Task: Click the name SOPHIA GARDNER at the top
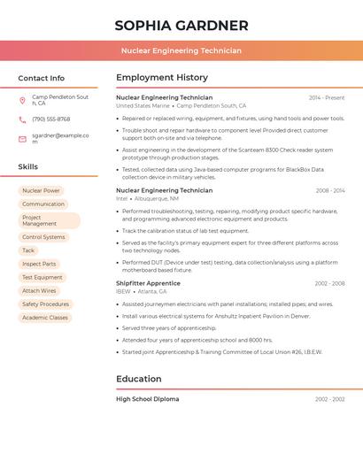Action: tap(181, 25)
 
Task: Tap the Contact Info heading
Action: tap(42, 78)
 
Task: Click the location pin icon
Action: tap(22, 100)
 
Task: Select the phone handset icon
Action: tap(22, 119)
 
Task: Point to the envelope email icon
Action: tap(22, 139)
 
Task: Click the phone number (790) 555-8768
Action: tap(51, 119)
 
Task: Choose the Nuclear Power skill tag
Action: tap(41, 190)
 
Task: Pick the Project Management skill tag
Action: tap(49, 220)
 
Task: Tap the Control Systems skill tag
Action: tap(43, 237)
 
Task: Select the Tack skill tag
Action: tap(28, 250)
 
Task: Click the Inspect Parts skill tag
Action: tap(39, 264)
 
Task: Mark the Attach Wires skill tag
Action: tap(39, 290)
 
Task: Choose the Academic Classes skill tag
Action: tap(45, 317)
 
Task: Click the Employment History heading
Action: tap(162, 78)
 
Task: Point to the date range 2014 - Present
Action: tap(327, 97)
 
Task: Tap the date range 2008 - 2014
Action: tap(329, 190)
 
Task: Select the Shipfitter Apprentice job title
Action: tap(148, 283)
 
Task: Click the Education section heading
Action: tap(139, 380)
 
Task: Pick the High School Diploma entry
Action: tap(147, 399)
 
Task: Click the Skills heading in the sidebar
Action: tap(28, 166)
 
